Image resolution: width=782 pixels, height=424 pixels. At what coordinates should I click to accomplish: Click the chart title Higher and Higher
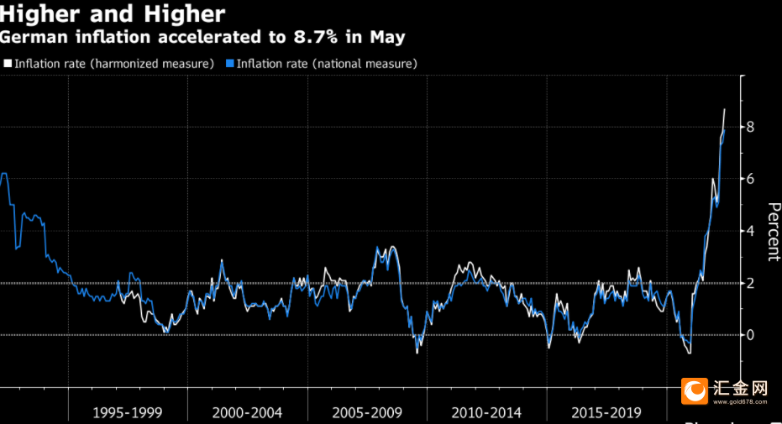[x=113, y=14]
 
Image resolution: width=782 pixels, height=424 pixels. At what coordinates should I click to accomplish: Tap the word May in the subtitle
[x=387, y=38]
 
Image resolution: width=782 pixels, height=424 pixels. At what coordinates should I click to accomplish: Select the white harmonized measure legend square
[x=8, y=63]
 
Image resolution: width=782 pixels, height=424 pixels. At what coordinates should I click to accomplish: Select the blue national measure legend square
[x=230, y=63]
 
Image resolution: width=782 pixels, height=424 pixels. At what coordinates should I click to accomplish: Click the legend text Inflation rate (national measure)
[x=327, y=63]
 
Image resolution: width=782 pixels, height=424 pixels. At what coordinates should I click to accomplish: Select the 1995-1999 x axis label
[x=127, y=412]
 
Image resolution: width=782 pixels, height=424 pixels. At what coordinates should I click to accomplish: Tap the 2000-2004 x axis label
[x=247, y=412]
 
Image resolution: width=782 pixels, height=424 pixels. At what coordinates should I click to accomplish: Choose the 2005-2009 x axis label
[x=367, y=412]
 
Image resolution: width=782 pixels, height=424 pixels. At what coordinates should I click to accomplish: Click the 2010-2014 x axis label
[x=486, y=412]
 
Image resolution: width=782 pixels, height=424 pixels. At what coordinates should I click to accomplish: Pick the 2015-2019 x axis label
[x=606, y=412]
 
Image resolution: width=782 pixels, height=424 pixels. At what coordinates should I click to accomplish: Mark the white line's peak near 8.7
[x=725, y=109]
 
